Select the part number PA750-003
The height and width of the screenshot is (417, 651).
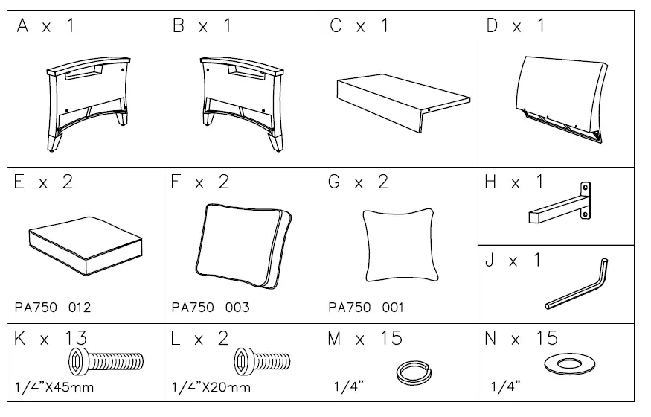point(211,307)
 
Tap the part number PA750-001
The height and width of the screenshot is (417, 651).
point(368,307)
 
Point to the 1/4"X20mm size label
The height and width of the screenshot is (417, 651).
point(211,387)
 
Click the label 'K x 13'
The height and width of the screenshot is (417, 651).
point(43,340)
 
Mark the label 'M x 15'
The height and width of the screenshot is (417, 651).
point(365,340)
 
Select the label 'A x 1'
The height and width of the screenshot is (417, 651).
point(45,27)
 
